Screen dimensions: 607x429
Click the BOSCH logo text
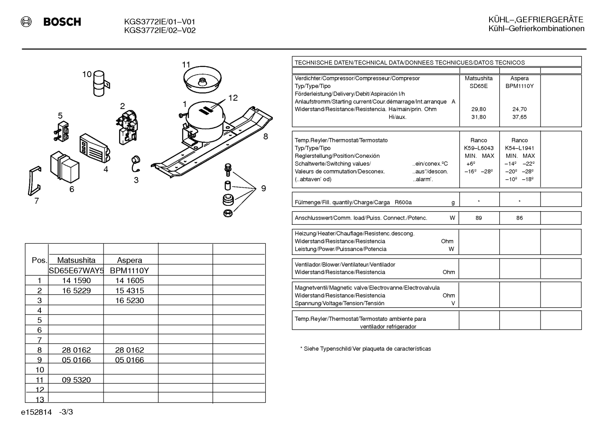pos(62,21)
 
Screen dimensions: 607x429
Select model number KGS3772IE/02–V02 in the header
pos(160,30)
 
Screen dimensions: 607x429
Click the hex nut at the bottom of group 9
pos(228,213)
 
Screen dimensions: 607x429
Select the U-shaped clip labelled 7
pos(35,181)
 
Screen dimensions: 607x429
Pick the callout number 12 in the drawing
pos(233,98)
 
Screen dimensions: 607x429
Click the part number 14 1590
pos(76,280)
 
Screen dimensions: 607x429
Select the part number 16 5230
pos(130,300)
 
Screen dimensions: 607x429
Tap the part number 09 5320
pos(76,380)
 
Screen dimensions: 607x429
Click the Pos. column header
pos(40,260)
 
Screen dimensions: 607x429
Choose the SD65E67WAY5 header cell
pos(76,270)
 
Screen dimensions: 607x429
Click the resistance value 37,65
pos(519,117)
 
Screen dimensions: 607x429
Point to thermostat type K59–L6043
pos(479,148)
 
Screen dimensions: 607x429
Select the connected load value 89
pos(479,218)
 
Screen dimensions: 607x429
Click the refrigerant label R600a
pos(403,203)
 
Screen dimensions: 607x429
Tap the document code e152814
pos(36,412)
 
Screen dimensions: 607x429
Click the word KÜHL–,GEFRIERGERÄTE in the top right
pos(536,20)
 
